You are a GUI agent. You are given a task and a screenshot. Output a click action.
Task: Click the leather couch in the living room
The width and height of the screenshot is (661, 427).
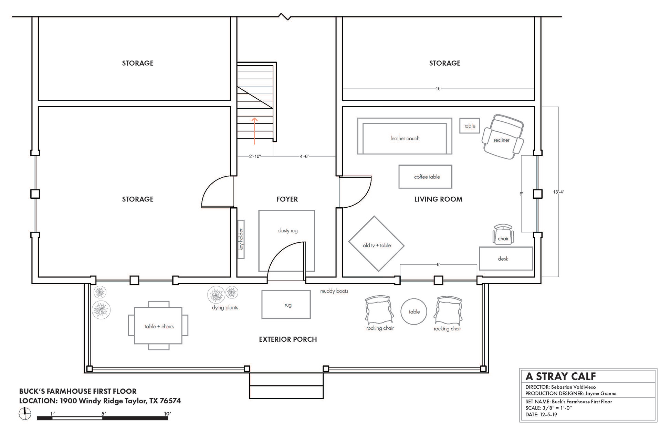click(x=405, y=136)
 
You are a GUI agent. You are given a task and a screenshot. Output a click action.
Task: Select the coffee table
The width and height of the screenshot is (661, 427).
click(x=425, y=177)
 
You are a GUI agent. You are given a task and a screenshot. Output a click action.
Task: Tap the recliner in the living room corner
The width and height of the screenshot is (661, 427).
click(x=503, y=137)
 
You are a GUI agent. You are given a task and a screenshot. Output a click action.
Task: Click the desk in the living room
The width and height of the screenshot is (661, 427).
click(x=506, y=259)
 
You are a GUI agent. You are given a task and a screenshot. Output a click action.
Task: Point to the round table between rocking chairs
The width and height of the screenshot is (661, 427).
click(x=414, y=311)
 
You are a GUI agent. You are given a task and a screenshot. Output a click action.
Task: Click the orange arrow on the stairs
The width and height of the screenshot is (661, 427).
click(x=255, y=131)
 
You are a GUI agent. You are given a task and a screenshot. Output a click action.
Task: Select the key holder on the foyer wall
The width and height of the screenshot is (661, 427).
click(x=241, y=239)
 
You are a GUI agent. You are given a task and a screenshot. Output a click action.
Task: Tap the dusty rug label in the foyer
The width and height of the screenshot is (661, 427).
click(x=288, y=230)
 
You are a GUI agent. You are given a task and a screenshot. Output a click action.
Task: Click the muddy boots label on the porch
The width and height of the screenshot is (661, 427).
click(x=334, y=291)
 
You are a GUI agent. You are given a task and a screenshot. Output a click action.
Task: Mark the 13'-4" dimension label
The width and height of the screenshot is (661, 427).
click(x=559, y=192)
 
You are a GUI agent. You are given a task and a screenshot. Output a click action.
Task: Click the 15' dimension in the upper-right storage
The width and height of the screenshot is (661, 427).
click(x=438, y=89)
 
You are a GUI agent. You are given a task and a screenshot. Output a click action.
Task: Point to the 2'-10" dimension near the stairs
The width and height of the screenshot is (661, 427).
click(x=255, y=156)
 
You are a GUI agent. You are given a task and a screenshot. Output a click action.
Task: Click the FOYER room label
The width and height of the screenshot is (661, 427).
click(x=287, y=199)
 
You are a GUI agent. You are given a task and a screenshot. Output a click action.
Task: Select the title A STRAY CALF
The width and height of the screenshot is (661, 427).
click(x=560, y=376)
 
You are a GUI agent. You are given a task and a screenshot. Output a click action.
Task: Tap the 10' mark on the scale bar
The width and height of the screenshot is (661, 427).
click(x=167, y=414)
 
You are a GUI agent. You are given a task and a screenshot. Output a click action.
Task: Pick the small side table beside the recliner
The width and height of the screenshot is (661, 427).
click(x=470, y=126)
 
